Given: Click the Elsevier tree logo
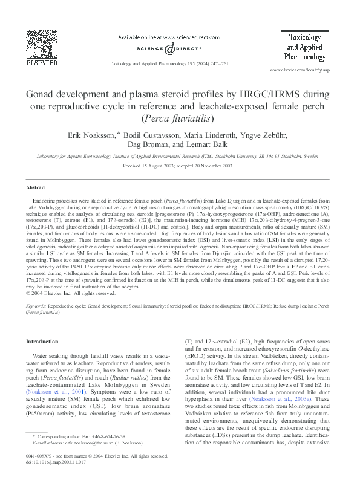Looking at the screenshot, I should pyautogui.click(x=43, y=43).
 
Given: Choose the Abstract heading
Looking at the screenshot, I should pyautogui.click(x=36, y=188).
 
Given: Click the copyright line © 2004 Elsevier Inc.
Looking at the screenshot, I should pyautogui.click(x=71, y=293).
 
